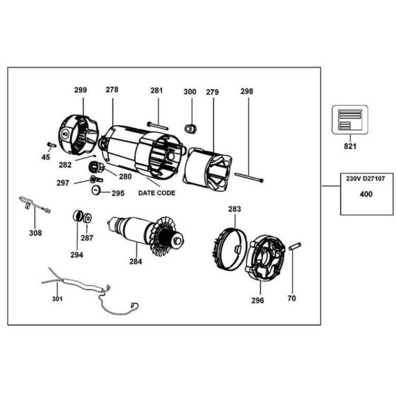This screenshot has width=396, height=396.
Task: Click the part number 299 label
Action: [x=81, y=91]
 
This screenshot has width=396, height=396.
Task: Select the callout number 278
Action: [x=112, y=91]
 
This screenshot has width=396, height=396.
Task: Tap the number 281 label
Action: [x=156, y=91]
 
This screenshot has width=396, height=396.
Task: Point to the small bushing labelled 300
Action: [x=190, y=128]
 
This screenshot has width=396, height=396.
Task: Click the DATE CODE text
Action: [x=157, y=192]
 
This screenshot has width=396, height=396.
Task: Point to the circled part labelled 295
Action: [x=95, y=192]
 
